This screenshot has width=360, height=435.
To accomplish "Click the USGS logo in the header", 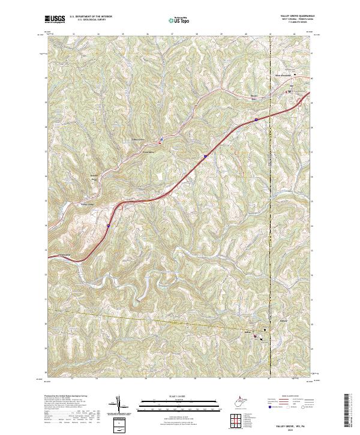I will pyautogui.click(x=55, y=20).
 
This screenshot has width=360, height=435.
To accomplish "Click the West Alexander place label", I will pyautogui.click(x=283, y=75).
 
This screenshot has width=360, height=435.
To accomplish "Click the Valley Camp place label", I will pyautogui.click(x=88, y=204).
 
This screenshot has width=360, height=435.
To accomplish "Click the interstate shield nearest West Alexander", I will pyautogui.click(x=256, y=120).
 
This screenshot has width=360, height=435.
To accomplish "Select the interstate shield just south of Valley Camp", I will pyautogui.click(x=108, y=226).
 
